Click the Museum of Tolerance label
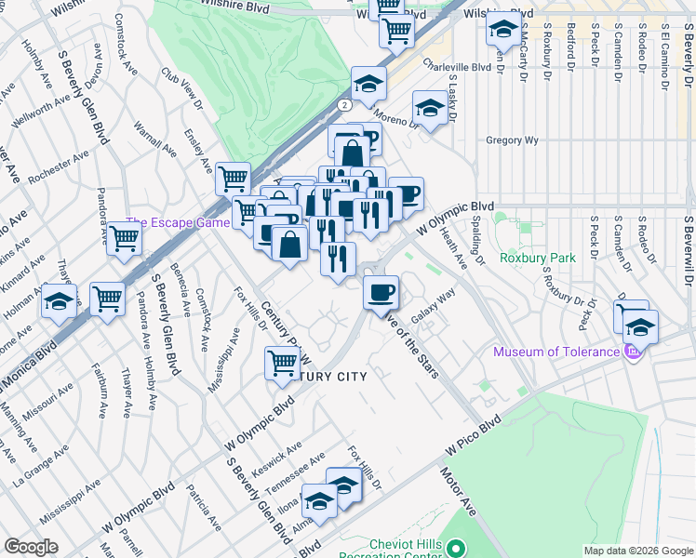click(555, 352)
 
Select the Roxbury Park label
click(537, 258)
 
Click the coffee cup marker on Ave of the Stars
click(380, 293)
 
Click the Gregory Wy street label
click(513, 140)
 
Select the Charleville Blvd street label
click(456, 66)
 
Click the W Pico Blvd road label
click(473, 434)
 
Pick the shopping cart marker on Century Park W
click(282, 363)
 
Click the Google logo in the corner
click(30, 547)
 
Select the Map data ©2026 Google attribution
click(637, 551)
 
